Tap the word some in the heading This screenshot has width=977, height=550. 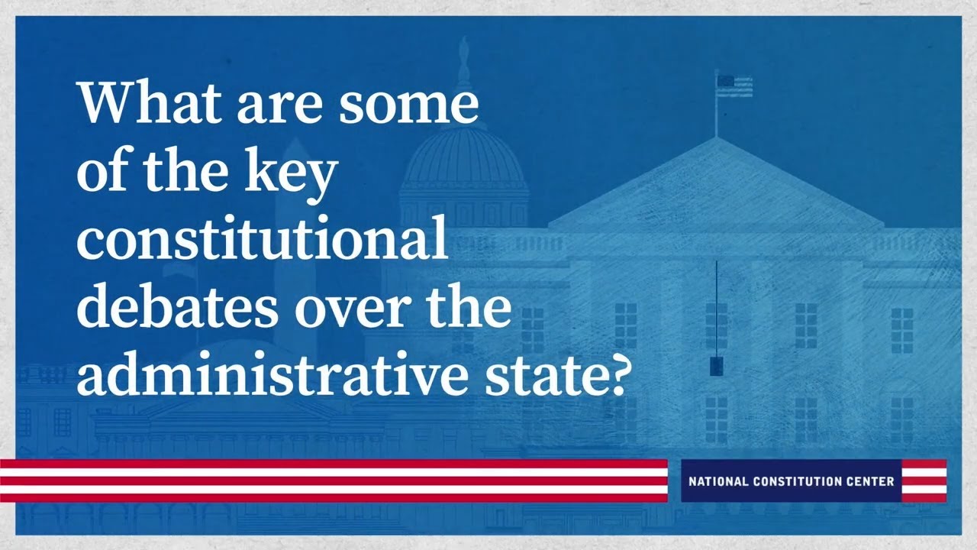(x=408, y=103)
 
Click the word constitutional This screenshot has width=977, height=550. (x=262, y=239)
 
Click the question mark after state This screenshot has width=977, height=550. (x=616, y=374)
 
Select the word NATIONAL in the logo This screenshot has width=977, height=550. (x=720, y=482)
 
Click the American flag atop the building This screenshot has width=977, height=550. (x=734, y=86)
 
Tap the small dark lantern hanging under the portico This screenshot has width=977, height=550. (x=716, y=366)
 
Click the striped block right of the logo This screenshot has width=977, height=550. (x=924, y=481)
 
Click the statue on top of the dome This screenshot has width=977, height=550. (x=463, y=57)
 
